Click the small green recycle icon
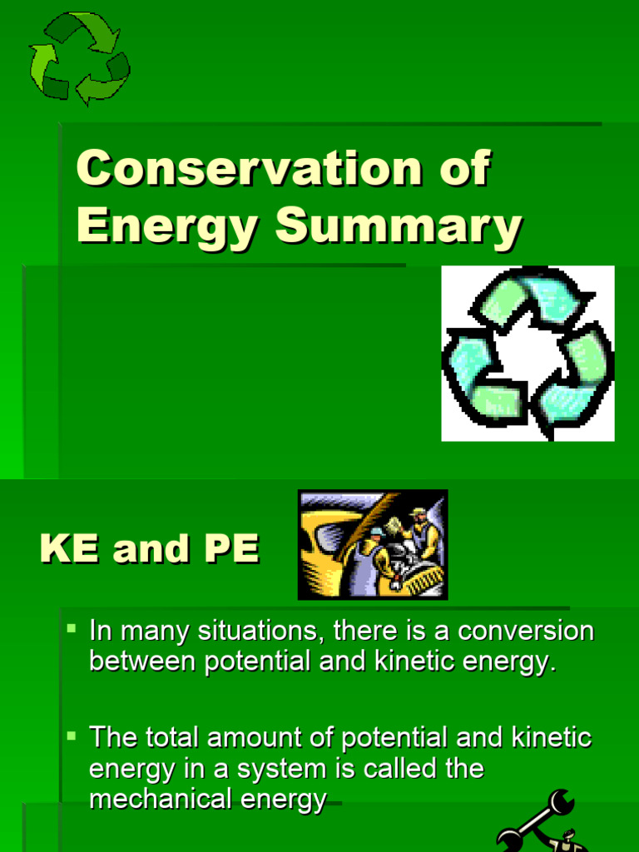coord(78,57)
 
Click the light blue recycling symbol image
coord(528,353)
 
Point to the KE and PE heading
coord(150,549)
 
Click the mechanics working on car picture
coord(373,544)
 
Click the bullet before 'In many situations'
coord(72,626)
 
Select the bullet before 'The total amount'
coord(72,736)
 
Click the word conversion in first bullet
coord(527,632)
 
